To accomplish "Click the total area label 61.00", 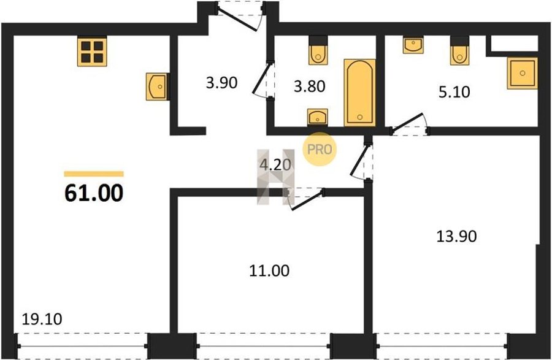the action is point(94,193).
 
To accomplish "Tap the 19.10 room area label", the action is point(42,319).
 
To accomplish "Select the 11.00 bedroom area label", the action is point(269,270).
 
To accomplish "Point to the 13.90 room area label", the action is point(456,236).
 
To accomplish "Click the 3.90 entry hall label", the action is point(222,83).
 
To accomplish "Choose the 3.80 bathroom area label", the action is point(310,86).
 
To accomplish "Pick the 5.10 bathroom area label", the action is point(454,92).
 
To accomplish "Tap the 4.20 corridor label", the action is point(275,164).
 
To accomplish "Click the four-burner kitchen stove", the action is point(92,52).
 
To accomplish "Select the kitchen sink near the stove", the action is point(157,86).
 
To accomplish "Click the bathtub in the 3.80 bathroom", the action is point(359,93).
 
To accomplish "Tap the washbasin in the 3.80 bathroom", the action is point(318,117).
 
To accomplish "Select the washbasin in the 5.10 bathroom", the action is point(413,45).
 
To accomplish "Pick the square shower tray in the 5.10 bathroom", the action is point(523,73).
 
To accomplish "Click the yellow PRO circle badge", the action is point(320,149).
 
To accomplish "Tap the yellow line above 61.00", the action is point(94,174).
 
